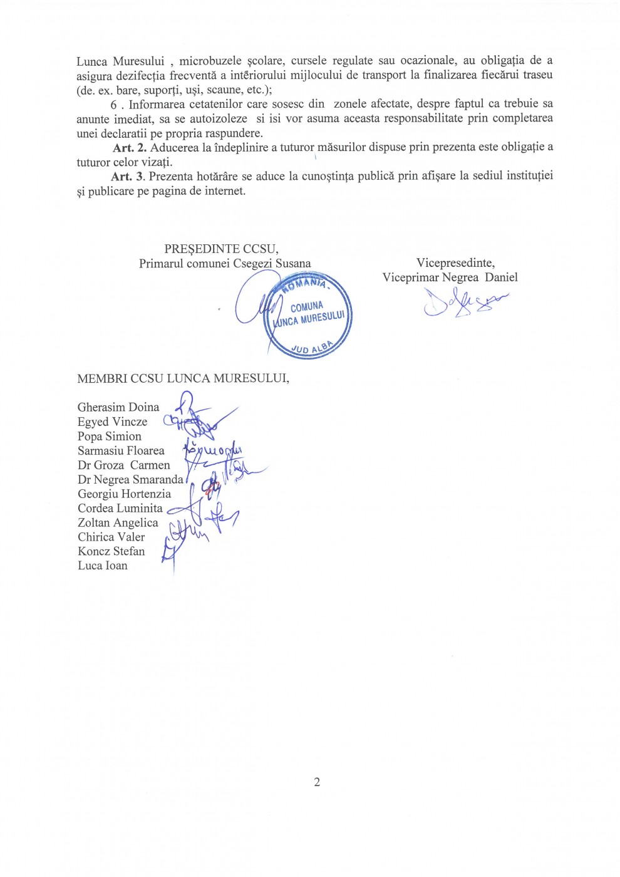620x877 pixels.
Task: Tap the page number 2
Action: tap(317, 782)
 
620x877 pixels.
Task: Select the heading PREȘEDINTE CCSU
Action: tap(221, 249)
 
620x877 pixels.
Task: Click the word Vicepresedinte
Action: tap(455, 263)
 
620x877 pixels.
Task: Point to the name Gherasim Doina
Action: tap(118, 408)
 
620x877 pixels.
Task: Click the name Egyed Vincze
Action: tap(112, 422)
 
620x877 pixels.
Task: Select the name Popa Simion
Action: tap(110, 437)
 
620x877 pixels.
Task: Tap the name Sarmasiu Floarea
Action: tap(121, 451)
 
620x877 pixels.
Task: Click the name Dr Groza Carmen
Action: tap(124, 465)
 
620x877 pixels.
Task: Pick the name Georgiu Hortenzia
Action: tap(124, 494)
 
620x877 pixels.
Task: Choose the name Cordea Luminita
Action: tap(120, 509)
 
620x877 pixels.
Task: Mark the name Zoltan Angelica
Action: tap(118, 523)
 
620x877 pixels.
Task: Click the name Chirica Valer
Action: tap(111, 537)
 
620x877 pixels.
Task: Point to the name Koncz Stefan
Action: tap(111, 552)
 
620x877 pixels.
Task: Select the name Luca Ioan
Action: tap(102, 566)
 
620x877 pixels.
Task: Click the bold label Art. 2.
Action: tap(130, 148)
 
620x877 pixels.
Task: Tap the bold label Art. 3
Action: tap(127, 177)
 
